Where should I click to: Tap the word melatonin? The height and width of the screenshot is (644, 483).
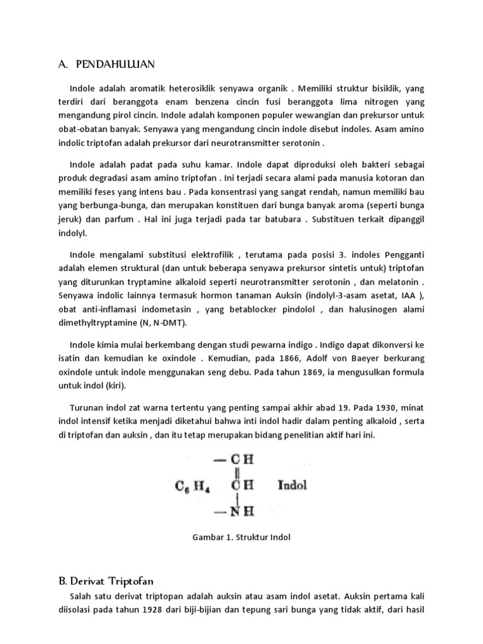click(x=398, y=282)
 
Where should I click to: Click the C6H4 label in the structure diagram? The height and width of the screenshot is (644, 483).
click(x=192, y=486)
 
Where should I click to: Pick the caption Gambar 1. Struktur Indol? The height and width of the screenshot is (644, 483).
click(x=241, y=538)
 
